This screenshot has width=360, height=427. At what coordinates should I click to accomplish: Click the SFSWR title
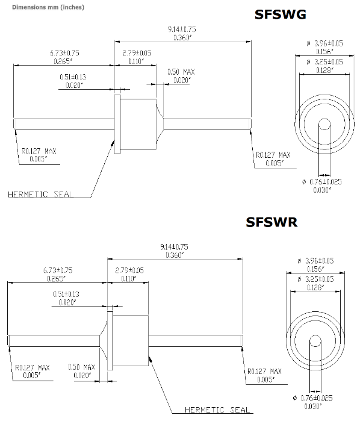(x=272, y=222)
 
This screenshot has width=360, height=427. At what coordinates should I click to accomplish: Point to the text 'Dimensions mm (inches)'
(x=40, y=7)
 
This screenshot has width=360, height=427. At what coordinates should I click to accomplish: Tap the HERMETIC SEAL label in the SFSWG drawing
(x=41, y=194)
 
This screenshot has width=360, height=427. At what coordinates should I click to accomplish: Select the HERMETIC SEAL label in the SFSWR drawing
(x=218, y=410)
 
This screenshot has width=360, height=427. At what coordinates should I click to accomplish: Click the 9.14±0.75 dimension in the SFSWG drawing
(x=182, y=29)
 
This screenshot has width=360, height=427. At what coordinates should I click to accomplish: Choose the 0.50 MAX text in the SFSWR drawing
(x=81, y=367)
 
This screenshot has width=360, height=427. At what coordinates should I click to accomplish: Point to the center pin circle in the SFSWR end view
(x=314, y=342)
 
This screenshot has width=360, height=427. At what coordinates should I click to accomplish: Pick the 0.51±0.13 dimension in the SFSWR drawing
(x=65, y=294)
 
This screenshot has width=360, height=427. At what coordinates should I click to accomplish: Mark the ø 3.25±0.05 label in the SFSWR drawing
(x=316, y=280)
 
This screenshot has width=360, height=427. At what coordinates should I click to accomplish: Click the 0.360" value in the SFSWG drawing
(x=182, y=38)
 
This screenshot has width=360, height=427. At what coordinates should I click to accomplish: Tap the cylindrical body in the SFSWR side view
(x=131, y=340)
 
